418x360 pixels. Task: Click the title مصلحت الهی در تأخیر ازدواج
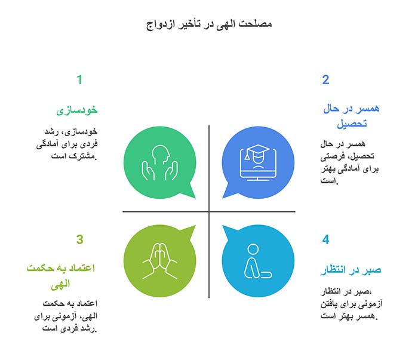click(209, 24)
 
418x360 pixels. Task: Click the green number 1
click(79, 80)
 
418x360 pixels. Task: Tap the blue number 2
click(325, 80)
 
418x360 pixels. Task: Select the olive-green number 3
click(79, 240)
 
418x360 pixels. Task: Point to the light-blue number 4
click(325, 240)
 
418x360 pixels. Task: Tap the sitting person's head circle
click(253, 249)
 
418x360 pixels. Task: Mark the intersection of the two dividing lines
click(209, 211)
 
